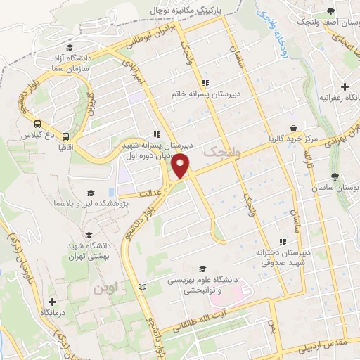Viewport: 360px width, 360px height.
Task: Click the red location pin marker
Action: tap(181, 165)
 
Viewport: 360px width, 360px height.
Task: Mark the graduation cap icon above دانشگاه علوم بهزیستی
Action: tap(203, 269)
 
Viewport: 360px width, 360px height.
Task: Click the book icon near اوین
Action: tap(143, 288)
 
